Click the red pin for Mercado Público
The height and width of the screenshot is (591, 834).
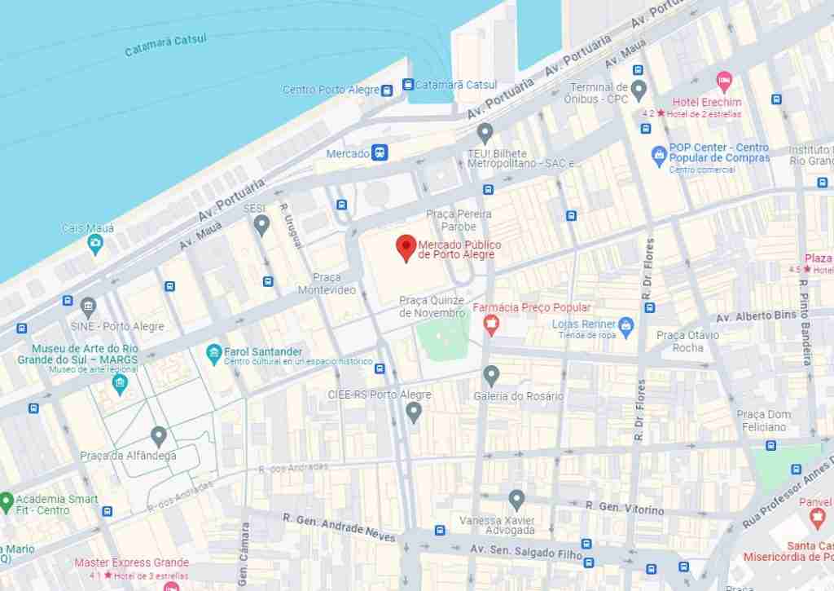pos(406,247)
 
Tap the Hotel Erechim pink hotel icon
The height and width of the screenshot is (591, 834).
pos(723,82)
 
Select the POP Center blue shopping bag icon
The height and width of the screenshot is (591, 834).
pos(659,153)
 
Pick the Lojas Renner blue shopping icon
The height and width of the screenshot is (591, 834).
pos(625,327)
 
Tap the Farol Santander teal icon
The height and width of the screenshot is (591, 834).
pos(213,355)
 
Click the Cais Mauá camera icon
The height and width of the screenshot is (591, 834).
pos(95,244)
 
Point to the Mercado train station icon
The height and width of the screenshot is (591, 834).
pos(380,152)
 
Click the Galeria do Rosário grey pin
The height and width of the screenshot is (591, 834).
pos(490,375)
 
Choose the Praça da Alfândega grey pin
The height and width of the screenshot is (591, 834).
pos(159,436)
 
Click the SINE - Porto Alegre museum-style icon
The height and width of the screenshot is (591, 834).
pos(88,307)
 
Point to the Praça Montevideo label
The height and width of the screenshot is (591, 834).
pos(327,284)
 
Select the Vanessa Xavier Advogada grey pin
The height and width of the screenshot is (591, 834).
pos(516,500)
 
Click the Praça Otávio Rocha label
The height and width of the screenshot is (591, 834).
pos(688,341)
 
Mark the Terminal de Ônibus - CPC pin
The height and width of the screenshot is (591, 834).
pos(639,88)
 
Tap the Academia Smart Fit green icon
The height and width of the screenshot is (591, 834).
pos(6,500)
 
